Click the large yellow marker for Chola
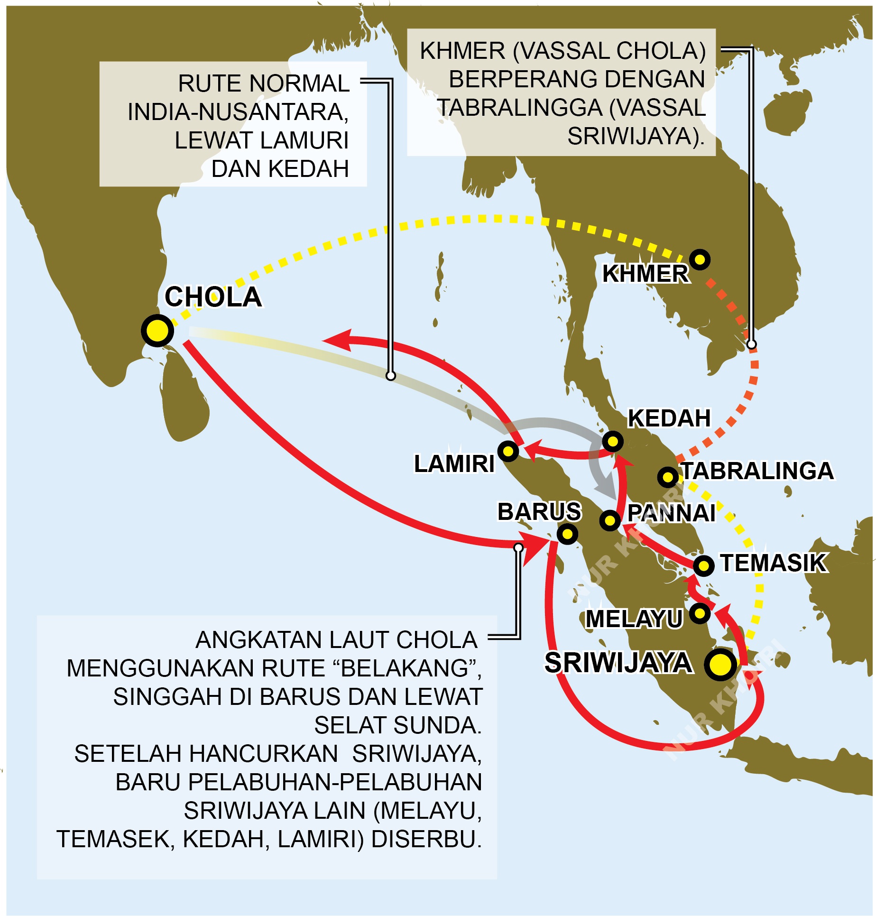(x=157, y=330)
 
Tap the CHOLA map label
(x=213, y=297)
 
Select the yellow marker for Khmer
(x=700, y=259)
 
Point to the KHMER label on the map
(x=645, y=274)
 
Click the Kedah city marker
(x=613, y=441)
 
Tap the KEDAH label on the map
(x=669, y=418)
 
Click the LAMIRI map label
(x=454, y=463)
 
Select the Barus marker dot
(x=567, y=534)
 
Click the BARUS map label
(x=539, y=511)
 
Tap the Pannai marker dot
(x=610, y=520)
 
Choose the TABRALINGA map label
(x=757, y=471)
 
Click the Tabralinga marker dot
(x=668, y=476)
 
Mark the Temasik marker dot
(x=703, y=565)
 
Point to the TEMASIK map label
(x=774, y=563)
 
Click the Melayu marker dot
(x=700, y=613)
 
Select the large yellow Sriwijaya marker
(x=720, y=664)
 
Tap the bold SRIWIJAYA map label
(x=618, y=663)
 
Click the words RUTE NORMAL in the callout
(x=264, y=83)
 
